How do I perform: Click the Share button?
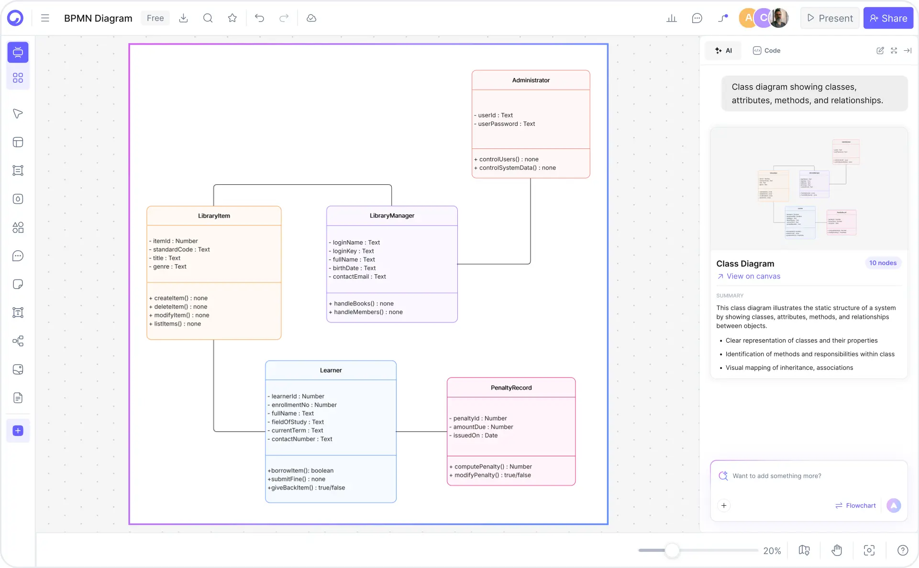pos(888,18)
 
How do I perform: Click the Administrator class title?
pos(531,80)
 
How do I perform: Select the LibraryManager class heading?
pos(392,216)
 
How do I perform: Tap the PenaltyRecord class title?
pos(511,388)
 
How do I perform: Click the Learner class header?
pos(331,370)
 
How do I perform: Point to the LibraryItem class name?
pos(214,216)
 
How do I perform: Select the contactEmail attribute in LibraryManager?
pos(359,277)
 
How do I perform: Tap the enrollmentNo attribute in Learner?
pos(304,405)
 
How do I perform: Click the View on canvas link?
pos(753,276)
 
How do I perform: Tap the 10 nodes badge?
pos(883,263)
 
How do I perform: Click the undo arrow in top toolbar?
pos(259,18)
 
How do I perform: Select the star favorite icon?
pos(233,18)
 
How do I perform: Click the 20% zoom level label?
pos(772,551)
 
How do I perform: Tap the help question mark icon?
pos(902,550)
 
